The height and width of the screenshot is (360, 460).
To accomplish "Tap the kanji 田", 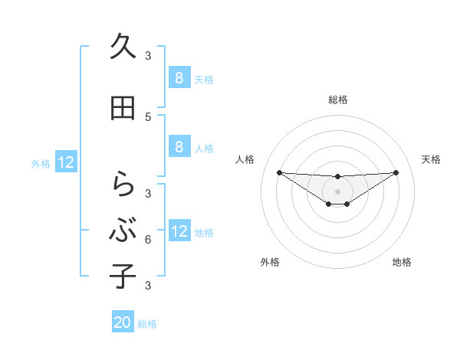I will [123, 110].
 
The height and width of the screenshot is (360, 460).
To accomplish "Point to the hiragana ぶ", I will [123, 229].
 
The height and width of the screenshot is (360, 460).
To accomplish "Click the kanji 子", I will [123, 275].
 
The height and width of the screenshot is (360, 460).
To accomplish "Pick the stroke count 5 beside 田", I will [148, 117].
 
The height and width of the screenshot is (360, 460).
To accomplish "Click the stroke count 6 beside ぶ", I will [148, 240].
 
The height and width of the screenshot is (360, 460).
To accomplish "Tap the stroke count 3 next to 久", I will [148, 56].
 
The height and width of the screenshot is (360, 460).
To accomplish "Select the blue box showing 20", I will [123, 322].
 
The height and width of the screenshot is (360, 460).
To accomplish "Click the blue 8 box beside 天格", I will [179, 77].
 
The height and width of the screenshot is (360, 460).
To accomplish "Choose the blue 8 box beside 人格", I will [179, 148].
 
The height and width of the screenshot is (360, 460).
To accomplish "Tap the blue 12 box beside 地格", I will [179, 231].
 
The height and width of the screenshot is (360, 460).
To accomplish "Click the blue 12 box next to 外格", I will [66, 162].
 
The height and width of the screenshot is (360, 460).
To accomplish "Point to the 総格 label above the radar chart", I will [337, 100].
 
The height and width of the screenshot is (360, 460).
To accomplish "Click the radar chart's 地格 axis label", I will [402, 262].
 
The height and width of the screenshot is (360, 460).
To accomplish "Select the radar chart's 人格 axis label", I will [245, 159].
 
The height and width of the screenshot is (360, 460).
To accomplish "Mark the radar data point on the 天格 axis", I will [396, 172].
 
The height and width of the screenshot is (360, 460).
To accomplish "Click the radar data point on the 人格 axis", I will [279, 172].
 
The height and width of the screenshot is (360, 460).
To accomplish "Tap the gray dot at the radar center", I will [337, 191].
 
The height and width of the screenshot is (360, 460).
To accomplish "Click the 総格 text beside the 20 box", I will [147, 324].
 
